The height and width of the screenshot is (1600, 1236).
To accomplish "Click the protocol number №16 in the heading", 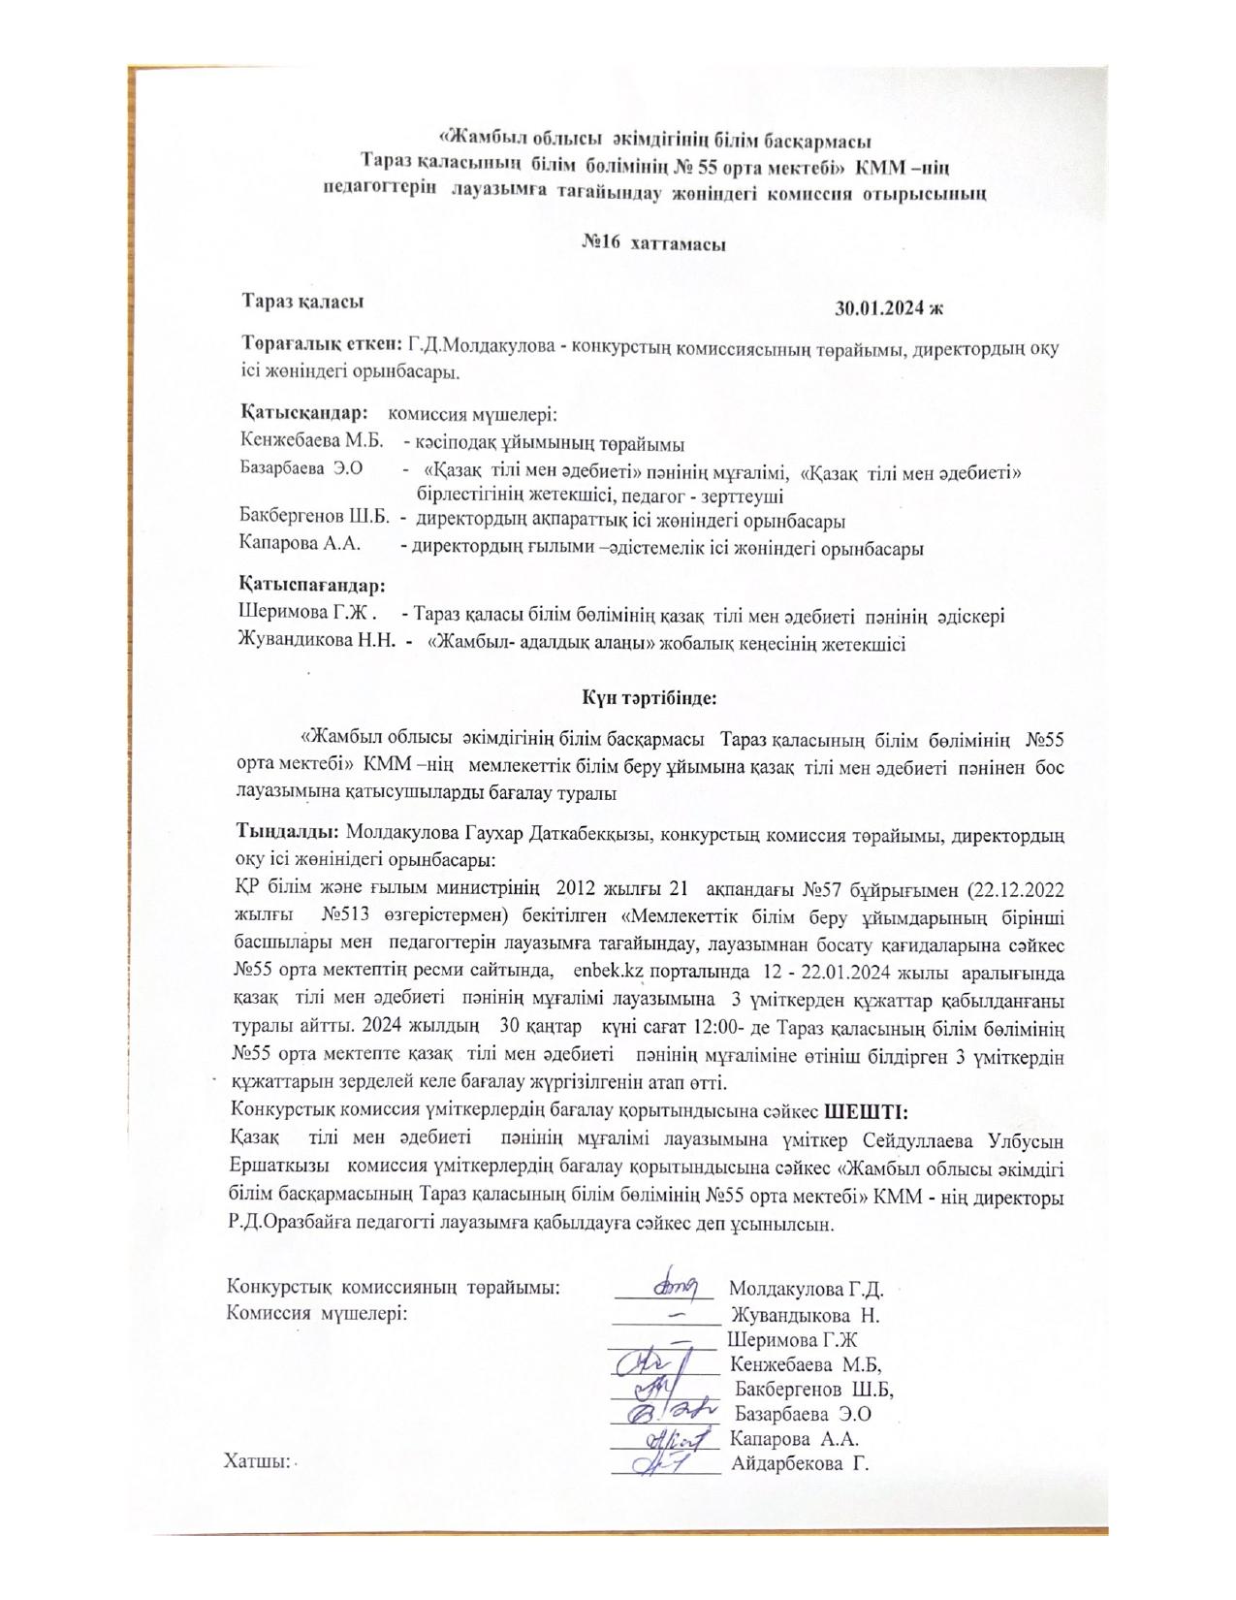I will (x=600, y=244).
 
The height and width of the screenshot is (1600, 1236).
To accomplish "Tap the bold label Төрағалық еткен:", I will (x=320, y=344).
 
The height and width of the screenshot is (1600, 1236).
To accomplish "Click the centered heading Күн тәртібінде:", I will (x=649, y=696).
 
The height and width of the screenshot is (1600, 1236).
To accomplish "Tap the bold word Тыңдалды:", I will (x=286, y=832).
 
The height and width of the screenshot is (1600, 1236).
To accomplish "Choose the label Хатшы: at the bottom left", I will (x=257, y=1461).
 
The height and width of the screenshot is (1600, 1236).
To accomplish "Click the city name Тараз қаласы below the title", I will (x=302, y=301).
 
